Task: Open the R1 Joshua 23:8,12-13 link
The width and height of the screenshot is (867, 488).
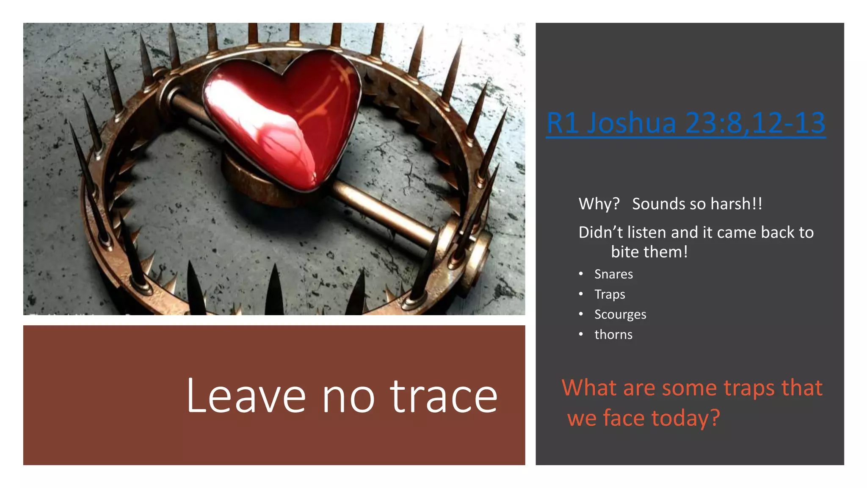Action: (686, 123)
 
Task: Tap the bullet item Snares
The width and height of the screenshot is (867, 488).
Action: (613, 274)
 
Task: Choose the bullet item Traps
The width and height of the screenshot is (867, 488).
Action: (610, 294)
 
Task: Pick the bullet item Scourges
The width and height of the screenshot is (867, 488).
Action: (620, 314)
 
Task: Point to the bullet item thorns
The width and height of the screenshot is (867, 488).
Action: (613, 335)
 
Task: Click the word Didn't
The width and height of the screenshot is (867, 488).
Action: (601, 233)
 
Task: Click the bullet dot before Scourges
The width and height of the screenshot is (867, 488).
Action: (581, 314)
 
